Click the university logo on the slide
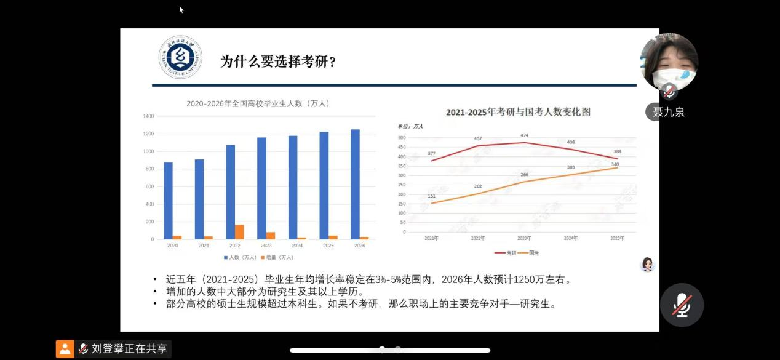180,57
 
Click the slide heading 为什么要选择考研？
279,62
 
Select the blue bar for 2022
231,191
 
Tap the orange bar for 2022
239,232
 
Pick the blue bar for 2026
355,184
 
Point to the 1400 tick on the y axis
148,116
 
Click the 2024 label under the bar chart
297,246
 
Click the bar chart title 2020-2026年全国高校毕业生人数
258,103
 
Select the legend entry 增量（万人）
278,257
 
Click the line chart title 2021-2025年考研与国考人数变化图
518,112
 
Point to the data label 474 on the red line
524,135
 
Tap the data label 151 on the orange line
431,196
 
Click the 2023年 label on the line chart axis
524,238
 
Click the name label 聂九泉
669,112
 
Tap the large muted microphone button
682,305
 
